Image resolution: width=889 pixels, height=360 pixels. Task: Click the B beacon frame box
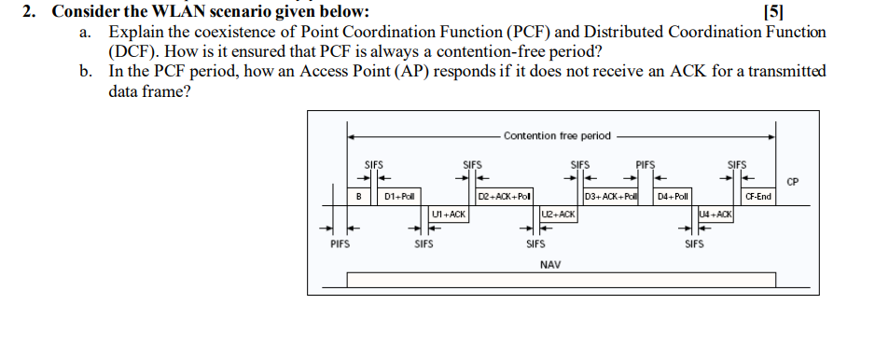359,197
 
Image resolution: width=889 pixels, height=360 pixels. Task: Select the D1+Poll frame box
400,197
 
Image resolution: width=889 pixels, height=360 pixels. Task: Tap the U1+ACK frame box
449,215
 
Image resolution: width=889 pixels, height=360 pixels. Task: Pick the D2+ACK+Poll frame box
505,197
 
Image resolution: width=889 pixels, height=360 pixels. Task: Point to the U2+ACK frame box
559,215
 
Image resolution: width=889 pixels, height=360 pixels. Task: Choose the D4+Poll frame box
673,197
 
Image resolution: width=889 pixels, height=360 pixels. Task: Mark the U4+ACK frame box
715,215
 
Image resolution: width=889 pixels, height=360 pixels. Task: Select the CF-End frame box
758,197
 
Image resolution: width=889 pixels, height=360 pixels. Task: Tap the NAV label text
550,264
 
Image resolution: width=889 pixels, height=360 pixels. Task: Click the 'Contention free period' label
557,136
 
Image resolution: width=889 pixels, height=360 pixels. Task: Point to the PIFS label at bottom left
340,245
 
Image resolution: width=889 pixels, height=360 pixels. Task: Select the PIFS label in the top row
646,165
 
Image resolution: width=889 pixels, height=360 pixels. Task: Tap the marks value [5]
773,12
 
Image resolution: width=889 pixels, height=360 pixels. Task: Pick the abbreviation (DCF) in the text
132,51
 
